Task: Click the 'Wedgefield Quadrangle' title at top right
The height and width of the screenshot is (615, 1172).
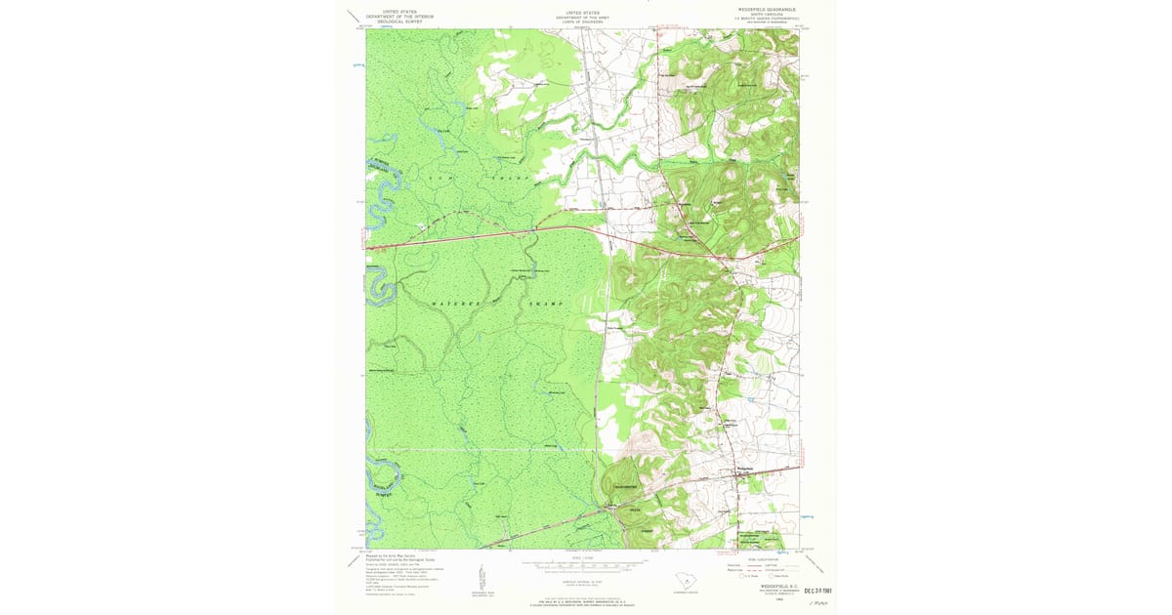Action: (767, 8)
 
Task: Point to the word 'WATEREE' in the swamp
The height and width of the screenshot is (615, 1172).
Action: (450, 305)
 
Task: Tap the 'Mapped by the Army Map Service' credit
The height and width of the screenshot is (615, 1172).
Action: (387, 556)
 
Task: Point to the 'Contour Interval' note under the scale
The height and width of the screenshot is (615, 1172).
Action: (581, 578)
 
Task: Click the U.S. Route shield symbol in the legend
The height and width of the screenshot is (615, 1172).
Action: (748, 577)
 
